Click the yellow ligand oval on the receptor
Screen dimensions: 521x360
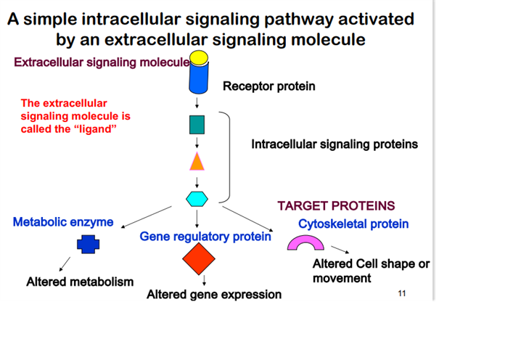click(199, 57)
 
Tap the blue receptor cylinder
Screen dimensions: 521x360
click(199, 78)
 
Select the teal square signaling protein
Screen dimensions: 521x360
click(197, 125)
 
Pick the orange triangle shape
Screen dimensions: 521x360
click(197, 162)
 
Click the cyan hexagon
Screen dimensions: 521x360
click(197, 199)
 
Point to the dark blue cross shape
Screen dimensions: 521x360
click(88, 245)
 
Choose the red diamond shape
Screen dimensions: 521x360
click(199, 258)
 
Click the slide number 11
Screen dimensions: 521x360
click(402, 293)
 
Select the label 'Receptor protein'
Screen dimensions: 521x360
click(268, 86)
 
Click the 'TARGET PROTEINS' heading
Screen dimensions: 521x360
click(336, 205)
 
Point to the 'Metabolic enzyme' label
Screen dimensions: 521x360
click(63, 221)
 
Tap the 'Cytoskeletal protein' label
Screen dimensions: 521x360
click(353, 224)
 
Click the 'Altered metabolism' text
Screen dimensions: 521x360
click(80, 282)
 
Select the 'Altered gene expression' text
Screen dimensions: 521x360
click(214, 295)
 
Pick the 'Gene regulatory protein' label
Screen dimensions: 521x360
click(205, 237)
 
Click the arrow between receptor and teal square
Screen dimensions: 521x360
click(197, 103)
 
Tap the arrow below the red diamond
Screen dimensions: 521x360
click(204, 280)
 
